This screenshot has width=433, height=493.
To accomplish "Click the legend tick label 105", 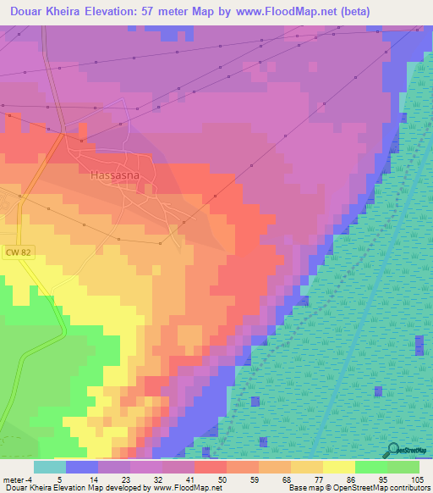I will click(x=416, y=479).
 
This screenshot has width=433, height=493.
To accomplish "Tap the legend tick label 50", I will click(x=222, y=479).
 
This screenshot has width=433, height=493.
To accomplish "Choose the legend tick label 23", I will click(x=127, y=479).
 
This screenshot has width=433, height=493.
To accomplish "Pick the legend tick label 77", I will click(x=319, y=479).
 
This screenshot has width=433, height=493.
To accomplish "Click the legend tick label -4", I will click(x=30, y=479).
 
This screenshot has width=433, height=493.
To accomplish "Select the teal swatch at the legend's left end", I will click(x=50, y=467).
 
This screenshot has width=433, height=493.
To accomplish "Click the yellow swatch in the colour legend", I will click(x=338, y=467).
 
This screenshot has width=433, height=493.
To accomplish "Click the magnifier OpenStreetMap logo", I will click(x=393, y=450).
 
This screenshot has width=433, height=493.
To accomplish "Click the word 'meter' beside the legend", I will click(x=14, y=479).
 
